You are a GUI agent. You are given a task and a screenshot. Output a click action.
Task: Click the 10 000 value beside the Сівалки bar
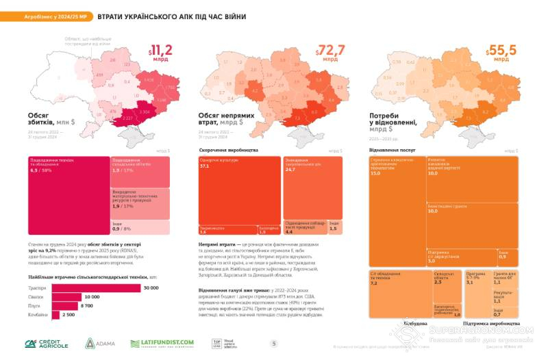(91, 297)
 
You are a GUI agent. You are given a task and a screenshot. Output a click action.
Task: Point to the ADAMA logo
(100, 343)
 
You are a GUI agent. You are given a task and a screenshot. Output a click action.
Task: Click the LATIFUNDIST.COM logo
(162, 343)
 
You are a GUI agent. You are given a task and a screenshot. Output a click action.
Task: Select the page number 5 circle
(274, 344)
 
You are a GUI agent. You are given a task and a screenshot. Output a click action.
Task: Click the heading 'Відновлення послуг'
(390, 149)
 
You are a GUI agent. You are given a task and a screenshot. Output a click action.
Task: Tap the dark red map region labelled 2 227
(125, 117)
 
